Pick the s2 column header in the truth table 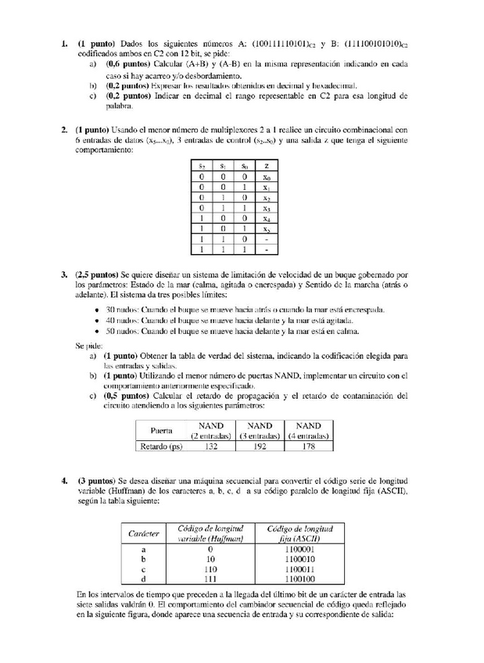click(x=201, y=167)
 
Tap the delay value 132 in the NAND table click(x=210, y=447)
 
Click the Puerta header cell click(x=162, y=431)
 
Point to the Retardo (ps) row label click(x=161, y=447)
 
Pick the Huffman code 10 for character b click(x=210, y=560)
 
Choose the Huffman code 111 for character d click(x=210, y=580)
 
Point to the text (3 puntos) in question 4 click(x=95, y=479)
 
